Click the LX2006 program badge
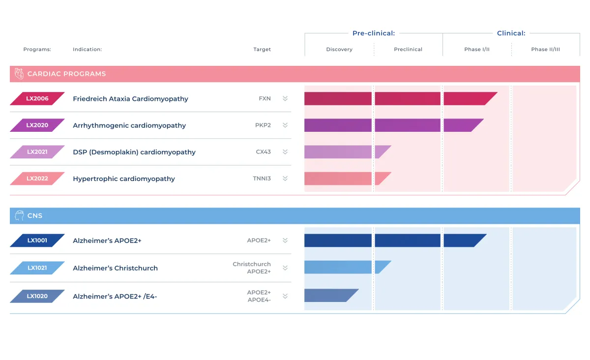click(37, 98)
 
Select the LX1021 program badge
click(37, 268)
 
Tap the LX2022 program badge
click(37, 179)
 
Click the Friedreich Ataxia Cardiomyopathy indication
click(130, 99)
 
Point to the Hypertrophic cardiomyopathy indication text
click(124, 179)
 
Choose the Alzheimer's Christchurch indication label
click(115, 269)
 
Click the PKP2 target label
click(263, 125)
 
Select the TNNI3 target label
click(262, 179)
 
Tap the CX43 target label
click(263, 152)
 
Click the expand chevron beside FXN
click(285, 98)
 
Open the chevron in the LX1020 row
click(285, 296)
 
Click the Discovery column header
click(339, 49)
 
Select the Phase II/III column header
click(545, 49)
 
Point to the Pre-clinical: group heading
click(374, 33)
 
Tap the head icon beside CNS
click(19, 215)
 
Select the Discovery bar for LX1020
click(329, 296)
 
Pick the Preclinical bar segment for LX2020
click(407, 125)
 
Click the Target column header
click(262, 49)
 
